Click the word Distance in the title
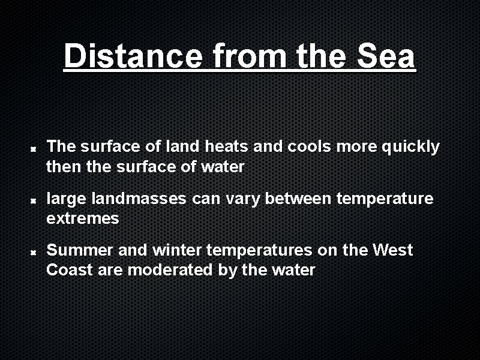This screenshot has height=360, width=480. coord(133,57)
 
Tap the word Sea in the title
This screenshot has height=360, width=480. coord(385,57)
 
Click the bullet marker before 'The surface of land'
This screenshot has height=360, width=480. coord(35,148)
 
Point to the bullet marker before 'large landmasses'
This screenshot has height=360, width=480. coord(35,199)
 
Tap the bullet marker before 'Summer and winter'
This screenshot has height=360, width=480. coord(35,251)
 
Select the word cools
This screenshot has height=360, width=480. coord(308,146)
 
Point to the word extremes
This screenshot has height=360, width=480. coord(83,218)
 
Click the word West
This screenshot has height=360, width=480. coord(392,250)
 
